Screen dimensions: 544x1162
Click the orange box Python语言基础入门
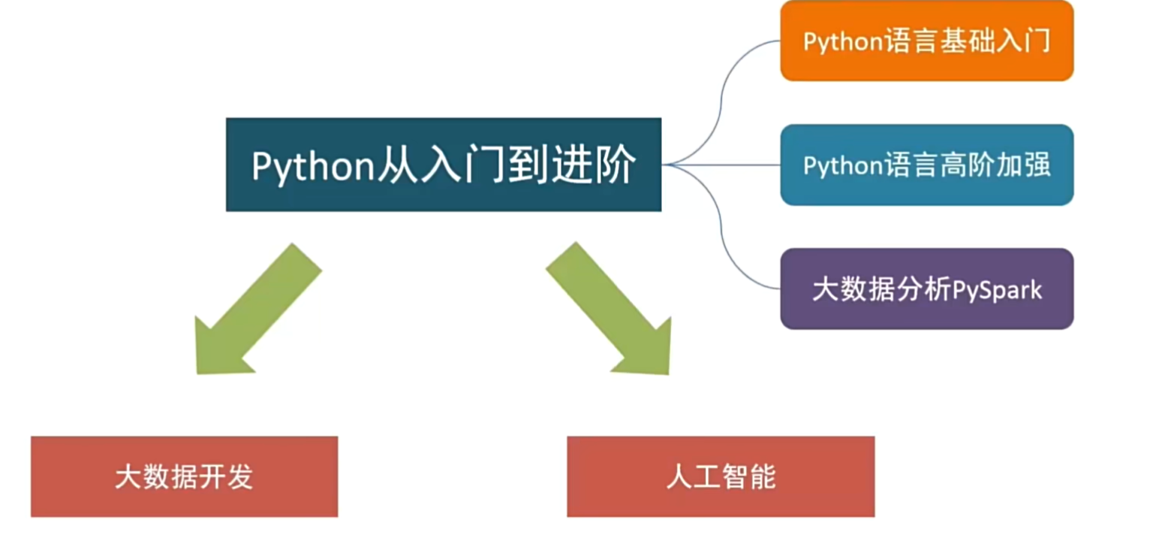click(926, 41)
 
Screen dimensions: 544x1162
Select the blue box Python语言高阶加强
click(926, 165)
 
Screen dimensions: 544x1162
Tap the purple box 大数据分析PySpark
click(926, 289)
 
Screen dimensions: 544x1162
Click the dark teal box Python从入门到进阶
click(443, 165)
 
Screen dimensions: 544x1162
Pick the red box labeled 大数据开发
click(184, 476)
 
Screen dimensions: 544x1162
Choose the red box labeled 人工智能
click(721, 476)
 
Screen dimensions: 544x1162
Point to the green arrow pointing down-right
click(612, 312)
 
